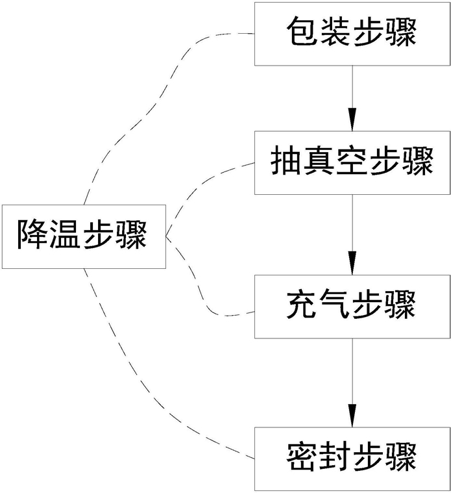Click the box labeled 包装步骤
[x=352, y=34]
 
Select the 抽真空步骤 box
[x=352, y=162]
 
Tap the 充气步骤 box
[x=352, y=307]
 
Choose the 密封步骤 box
[x=352, y=459]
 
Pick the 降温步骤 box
[x=84, y=236]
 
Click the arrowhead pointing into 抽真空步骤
[x=352, y=120]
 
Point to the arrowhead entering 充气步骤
[x=352, y=264]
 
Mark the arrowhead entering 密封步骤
[x=352, y=415]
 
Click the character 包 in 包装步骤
[x=302, y=31]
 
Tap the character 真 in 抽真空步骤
[x=319, y=160]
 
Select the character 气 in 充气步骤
[x=335, y=305]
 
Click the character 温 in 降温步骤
[x=66, y=234]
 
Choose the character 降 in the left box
[x=32, y=234]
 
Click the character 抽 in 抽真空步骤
[x=286, y=160]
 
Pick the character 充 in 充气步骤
[x=302, y=305]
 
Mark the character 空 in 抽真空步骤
[x=352, y=160]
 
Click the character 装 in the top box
[x=335, y=31]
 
